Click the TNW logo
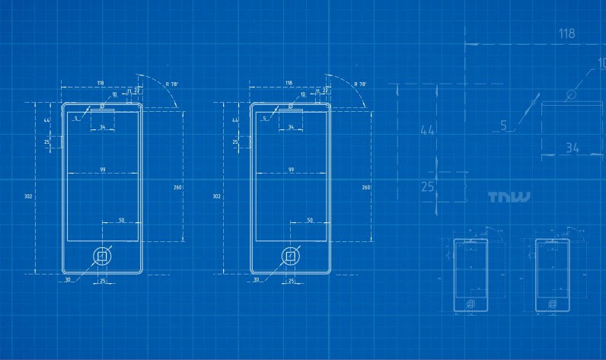(x=509, y=198)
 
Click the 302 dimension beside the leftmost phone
(x=28, y=196)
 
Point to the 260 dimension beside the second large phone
(x=366, y=187)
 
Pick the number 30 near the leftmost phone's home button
(x=67, y=280)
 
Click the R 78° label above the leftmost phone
(x=171, y=84)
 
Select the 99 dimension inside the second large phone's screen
(x=291, y=169)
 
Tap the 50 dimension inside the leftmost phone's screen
(x=121, y=220)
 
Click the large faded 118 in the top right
(x=566, y=33)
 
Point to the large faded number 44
(x=428, y=130)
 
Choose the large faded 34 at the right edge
(x=573, y=148)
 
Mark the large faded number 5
(x=503, y=126)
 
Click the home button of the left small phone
(x=470, y=303)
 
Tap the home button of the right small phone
(x=552, y=303)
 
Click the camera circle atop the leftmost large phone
(x=102, y=107)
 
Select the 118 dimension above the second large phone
(x=289, y=82)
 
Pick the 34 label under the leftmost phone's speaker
(x=103, y=126)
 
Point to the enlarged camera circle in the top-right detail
(x=570, y=94)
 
